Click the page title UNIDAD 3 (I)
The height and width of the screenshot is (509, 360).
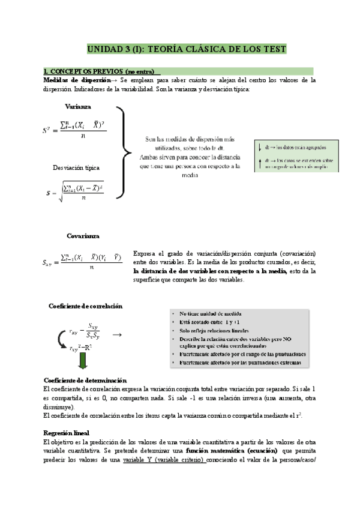pyautogui.click(x=187, y=49)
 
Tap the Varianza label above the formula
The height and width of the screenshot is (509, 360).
pyautogui.click(x=78, y=106)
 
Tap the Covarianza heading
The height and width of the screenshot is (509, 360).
pyautogui.click(x=83, y=236)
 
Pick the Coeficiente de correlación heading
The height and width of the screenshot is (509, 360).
pyautogui.click(x=85, y=306)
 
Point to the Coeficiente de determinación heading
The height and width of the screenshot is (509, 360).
pyautogui.click(x=85, y=380)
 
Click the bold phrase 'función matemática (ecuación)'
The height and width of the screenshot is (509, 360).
pyautogui.click(x=231, y=450)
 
